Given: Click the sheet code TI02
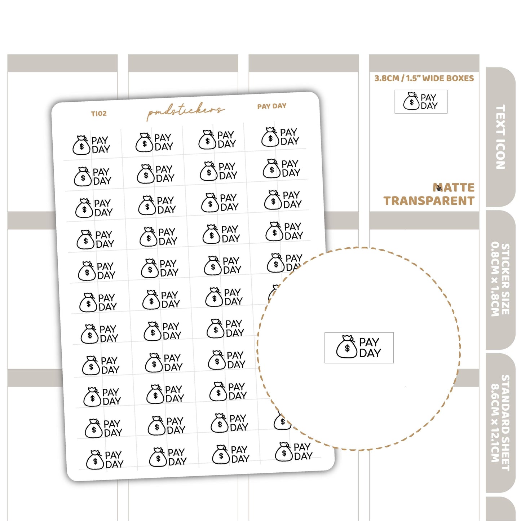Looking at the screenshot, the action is [99, 113].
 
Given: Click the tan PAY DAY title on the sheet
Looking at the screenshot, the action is [271, 106].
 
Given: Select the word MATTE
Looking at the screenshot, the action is [454, 187].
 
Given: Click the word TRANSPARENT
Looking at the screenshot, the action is [429, 200].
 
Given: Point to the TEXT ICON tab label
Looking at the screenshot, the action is [500, 137].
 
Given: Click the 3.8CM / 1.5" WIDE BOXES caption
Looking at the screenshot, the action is [424, 78].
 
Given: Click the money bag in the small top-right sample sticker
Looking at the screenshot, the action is [411, 101].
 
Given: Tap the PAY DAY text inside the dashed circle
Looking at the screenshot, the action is [370, 348].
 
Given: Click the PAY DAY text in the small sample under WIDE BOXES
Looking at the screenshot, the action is [429, 101].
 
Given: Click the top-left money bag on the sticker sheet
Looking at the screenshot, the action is [81, 145].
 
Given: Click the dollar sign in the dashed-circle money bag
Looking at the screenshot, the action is [347, 349].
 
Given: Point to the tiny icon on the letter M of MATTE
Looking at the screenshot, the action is [439, 188].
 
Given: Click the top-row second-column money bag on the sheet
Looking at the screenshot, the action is [144, 142].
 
